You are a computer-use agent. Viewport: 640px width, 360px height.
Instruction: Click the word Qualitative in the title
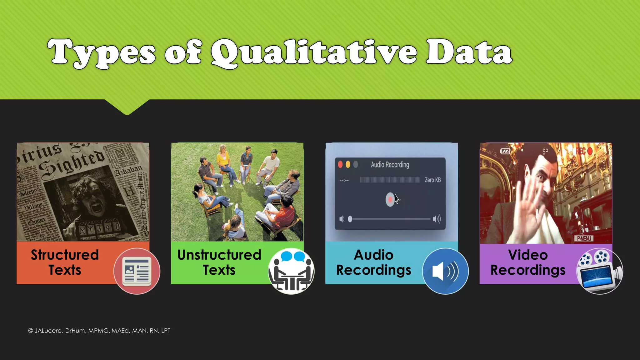point(314,52)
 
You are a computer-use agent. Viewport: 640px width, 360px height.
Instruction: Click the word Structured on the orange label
point(65,255)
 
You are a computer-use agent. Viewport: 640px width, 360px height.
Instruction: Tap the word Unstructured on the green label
point(219,255)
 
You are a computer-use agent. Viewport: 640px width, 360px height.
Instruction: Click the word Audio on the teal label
point(373,255)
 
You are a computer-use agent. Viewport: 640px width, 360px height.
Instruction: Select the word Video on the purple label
point(528,255)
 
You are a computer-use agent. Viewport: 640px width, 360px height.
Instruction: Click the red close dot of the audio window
point(340,164)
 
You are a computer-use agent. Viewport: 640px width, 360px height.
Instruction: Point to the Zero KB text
point(432,180)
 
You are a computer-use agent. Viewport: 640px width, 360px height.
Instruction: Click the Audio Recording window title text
point(390,165)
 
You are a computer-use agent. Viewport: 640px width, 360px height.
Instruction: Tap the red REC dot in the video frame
point(590,151)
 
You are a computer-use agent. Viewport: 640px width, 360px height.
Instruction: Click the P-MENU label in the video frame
point(584,238)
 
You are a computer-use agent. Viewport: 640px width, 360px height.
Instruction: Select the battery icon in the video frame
point(505,151)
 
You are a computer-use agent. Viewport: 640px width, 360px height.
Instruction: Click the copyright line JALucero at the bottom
point(99,331)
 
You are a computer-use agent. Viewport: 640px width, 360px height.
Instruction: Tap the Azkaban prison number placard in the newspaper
point(99,229)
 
